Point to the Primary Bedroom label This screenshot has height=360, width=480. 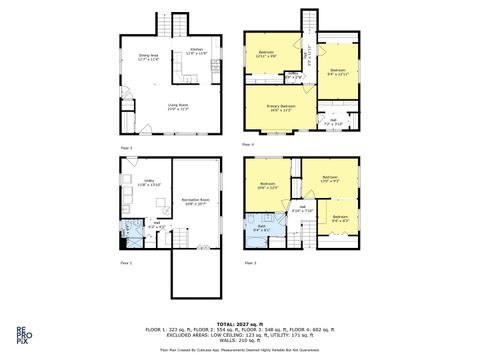pyautogui.click(x=281, y=107)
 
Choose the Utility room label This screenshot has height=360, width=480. pyautogui.click(x=148, y=182)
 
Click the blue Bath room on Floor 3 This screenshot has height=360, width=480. pyautogui.click(x=261, y=229)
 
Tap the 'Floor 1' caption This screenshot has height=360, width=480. pyautogui.click(x=126, y=263)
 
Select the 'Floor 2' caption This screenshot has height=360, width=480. pyautogui.click(x=126, y=147)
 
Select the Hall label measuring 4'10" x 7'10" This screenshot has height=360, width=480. pyautogui.click(x=303, y=210)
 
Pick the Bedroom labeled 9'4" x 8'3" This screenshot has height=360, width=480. pyautogui.click(x=339, y=218)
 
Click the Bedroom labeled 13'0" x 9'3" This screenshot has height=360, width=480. pyautogui.click(x=331, y=181)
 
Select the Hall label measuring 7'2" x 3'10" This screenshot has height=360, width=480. pyautogui.click(x=333, y=123)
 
